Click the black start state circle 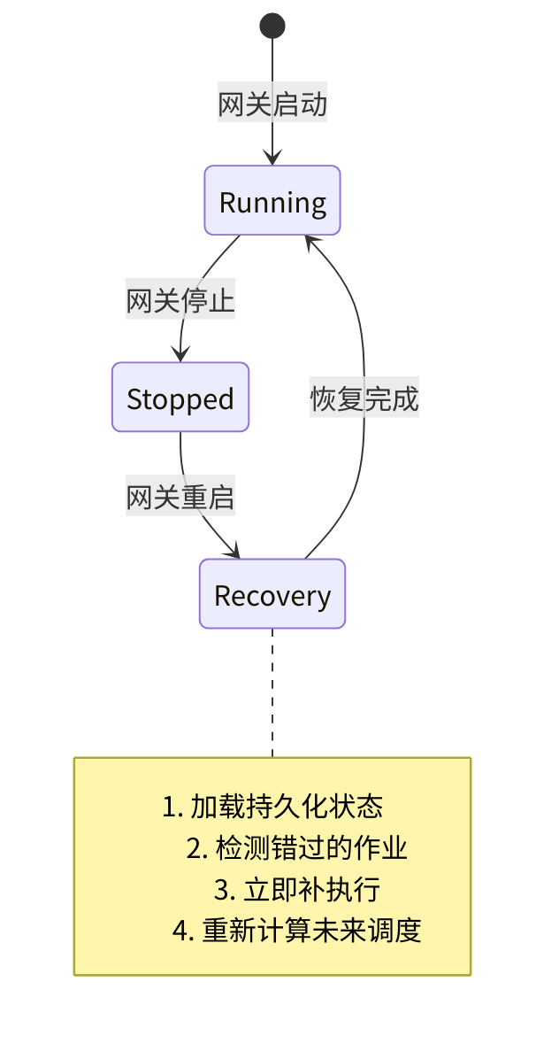pyautogui.click(x=272, y=27)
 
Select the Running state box pyautogui.click(x=272, y=201)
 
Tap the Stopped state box pyautogui.click(x=180, y=398)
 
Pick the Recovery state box pyautogui.click(x=272, y=594)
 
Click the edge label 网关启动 pyautogui.click(x=272, y=104)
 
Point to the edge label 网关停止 pyautogui.click(x=180, y=301)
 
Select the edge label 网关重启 pyautogui.click(x=180, y=498)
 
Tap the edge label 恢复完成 pyautogui.click(x=364, y=399)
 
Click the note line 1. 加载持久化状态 pyautogui.click(x=272, y=807)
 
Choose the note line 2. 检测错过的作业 pyautogui.click(x=296, y=848)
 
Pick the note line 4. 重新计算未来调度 pyautogui.click(x=296, y=931)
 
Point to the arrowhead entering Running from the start pyautogui.click(x=272, y=158)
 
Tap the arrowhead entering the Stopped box pyautogui.click(x=181, y=355)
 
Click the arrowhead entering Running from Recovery pyautogui.click(x=309, y=241)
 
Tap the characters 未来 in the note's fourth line pyautogui.click(x=339, y=931)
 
